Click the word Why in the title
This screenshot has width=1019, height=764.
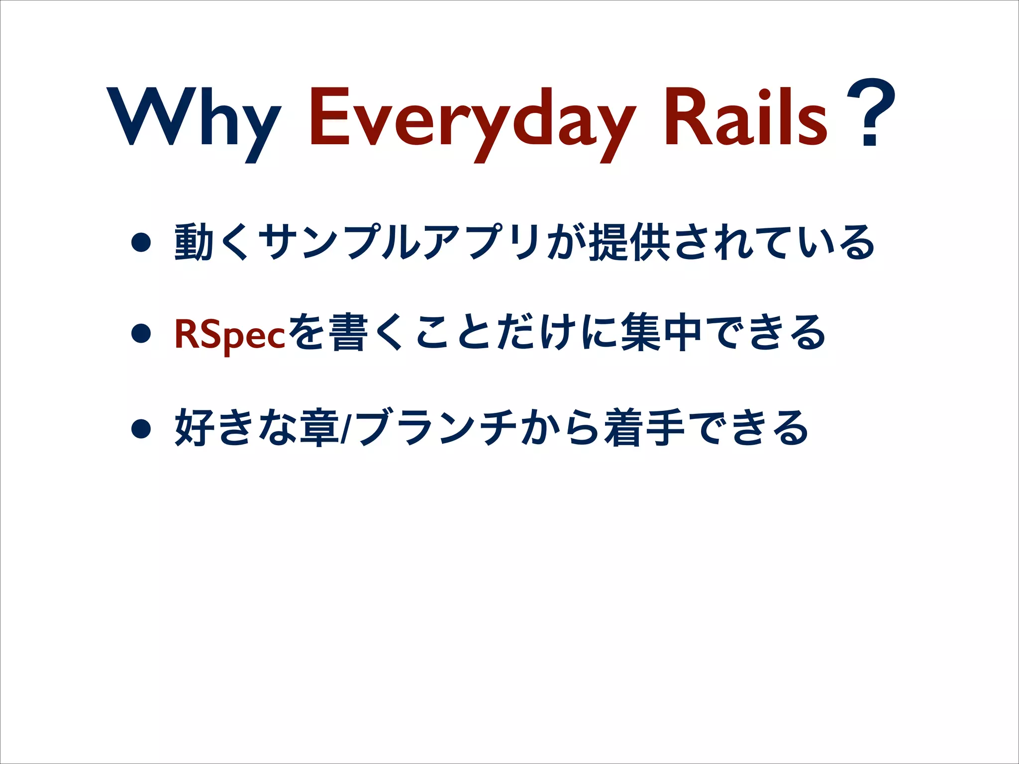pos(194,119)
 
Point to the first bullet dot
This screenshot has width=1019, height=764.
pos(141,243)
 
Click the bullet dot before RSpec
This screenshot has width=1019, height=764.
pos(141,334)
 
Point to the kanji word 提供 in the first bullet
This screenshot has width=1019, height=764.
pos(629,243)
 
